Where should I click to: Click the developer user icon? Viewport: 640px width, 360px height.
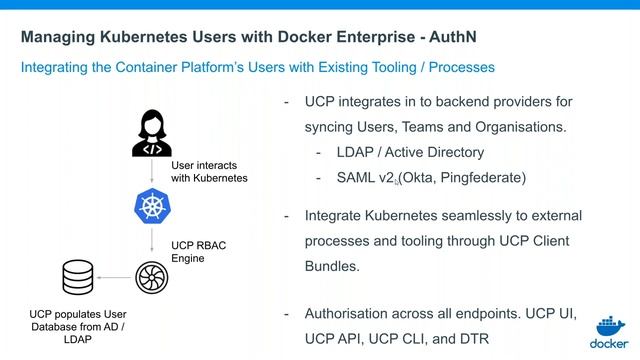[x=152, y=133]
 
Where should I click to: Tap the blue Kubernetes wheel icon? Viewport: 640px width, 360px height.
[x=152, y=207]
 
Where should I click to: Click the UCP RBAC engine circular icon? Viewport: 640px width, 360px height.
[x=152, y=274]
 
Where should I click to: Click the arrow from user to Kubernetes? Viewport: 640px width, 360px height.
[x=152, y=172]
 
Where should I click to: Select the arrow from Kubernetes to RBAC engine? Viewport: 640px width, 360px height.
[x=152, y=240]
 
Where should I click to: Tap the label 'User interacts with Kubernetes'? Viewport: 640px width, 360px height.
[x=209, y=171]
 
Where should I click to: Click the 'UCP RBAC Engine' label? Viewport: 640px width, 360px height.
[x=200, y=250]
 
